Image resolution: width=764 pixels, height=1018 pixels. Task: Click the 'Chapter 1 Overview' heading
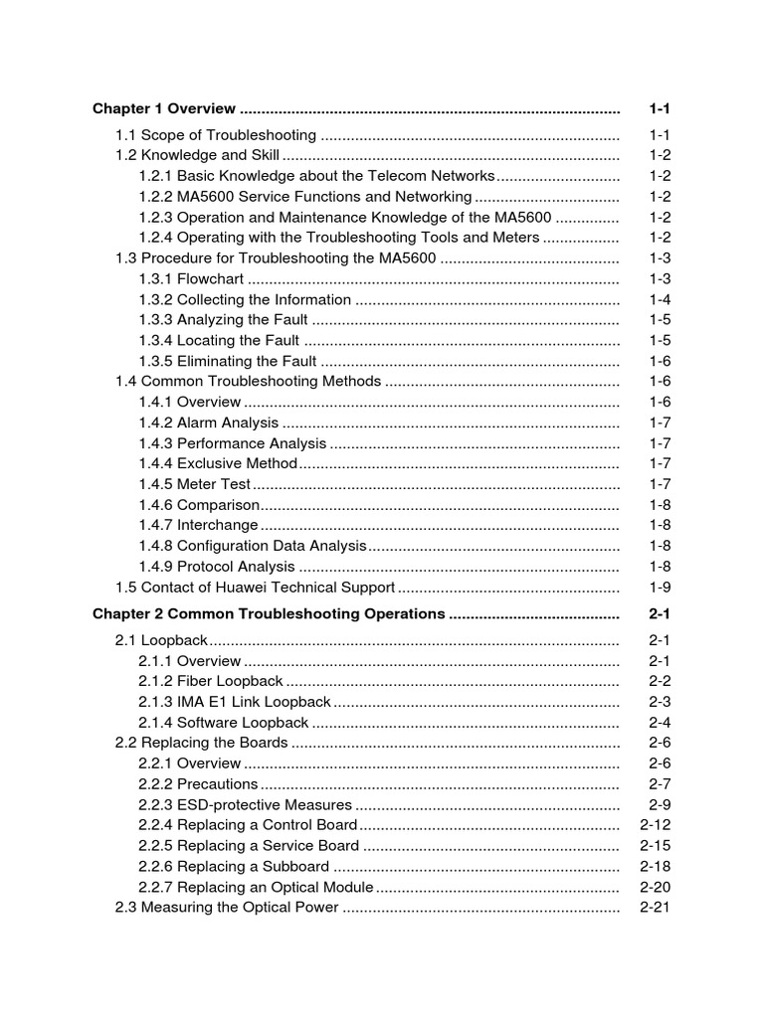coord(164,108)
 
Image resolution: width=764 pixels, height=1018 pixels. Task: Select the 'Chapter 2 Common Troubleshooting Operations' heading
coord(269,614)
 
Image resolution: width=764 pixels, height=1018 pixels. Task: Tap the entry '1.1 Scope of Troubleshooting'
coord(216,135)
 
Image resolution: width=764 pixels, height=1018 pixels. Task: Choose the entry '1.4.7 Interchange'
coord(198,525)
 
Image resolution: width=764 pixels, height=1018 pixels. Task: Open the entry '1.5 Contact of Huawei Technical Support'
coord(255,587)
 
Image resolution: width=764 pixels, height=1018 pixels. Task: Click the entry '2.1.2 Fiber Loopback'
coord(211,682)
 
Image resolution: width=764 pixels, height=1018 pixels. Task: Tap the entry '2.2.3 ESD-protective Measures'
coord(245,804)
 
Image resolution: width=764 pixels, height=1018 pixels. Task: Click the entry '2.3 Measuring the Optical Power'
coord(227,908)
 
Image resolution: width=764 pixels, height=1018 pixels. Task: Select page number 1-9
coord(660,587)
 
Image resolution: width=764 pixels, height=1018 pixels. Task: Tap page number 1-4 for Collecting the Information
coord(660,299)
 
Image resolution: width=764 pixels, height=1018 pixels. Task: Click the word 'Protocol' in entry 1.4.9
coord(204,567)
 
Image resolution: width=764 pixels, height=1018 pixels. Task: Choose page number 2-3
coord(660,702)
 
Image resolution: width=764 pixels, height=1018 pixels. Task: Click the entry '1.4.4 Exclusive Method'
coord(218,463)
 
